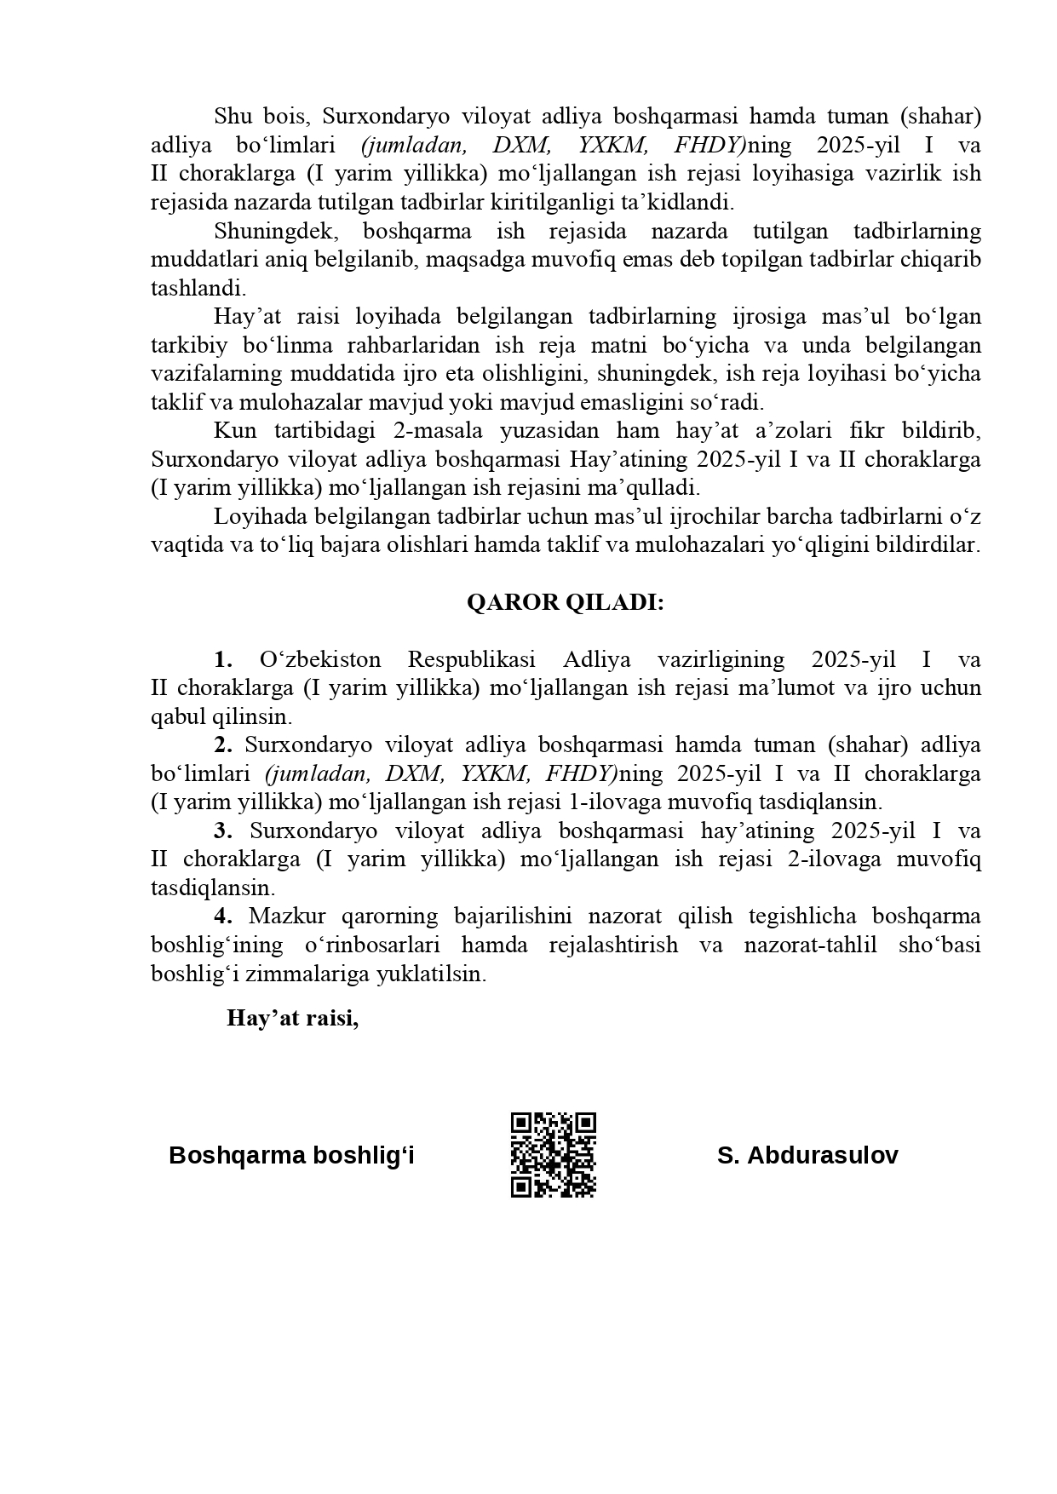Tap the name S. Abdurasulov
(807, 1155)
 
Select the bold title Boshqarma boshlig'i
(291, 1155)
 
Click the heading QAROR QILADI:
(565, 602)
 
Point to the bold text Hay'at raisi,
(292, 1018)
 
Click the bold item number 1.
(223, 659)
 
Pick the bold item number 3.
(223, 830)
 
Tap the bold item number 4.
(223, 917)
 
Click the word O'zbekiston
(319, 659)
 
